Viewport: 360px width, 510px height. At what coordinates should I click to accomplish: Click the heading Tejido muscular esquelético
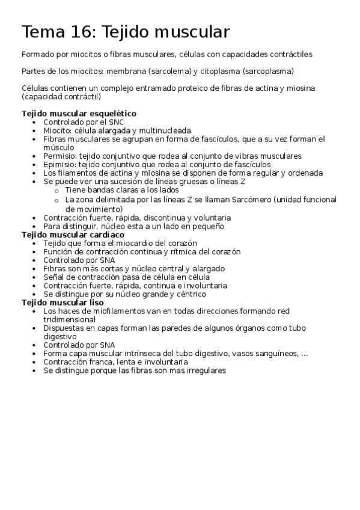tap(79, 113)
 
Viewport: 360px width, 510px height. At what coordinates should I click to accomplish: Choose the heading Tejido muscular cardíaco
tap(73, 235)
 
